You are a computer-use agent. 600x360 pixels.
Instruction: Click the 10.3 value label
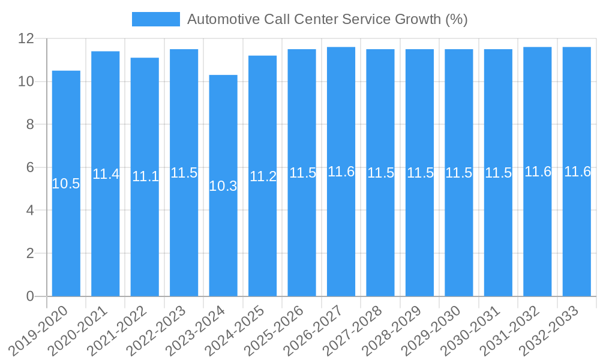tap(223, 186)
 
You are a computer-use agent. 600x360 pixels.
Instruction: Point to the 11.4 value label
tap(106, 174)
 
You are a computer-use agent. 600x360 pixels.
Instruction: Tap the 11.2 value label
tap(263, 176)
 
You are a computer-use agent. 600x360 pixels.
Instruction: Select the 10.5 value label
tap(66, 184)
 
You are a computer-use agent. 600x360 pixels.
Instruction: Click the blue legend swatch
tap(155, 19)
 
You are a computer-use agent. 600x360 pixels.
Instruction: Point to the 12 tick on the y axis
tap(26, 38)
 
